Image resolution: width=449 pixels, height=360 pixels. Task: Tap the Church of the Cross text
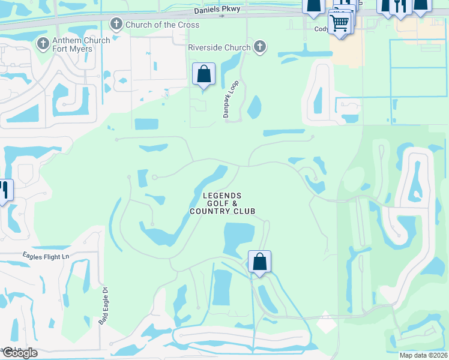pyautogui.click(x=162, y=25)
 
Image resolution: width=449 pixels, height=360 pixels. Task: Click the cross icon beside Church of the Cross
pyautogui.click(x=116, y=24)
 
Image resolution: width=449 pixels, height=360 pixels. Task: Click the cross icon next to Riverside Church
pyautogui.click(x=259, y=47)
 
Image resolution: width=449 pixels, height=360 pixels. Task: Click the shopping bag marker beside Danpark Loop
pyautogui.click(x=203, y=74)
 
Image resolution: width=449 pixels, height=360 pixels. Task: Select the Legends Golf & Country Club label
pyautogui.click(x=222, y=203)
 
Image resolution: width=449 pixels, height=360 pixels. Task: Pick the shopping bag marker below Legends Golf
pyautogui.click(x=259, y=262)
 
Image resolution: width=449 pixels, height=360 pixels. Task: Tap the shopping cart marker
pyautogui.click(x=340, y=24)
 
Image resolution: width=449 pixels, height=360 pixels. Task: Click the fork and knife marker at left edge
pyautogui.click(x=5, y=191)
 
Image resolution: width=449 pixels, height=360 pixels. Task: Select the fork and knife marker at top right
pyautogui.click(x=400, y=6)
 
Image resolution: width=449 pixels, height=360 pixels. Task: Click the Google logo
pyautogui.click(x=19, y=353)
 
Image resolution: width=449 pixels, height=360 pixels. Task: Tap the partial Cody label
pyautogui.click(x=322, y=28)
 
